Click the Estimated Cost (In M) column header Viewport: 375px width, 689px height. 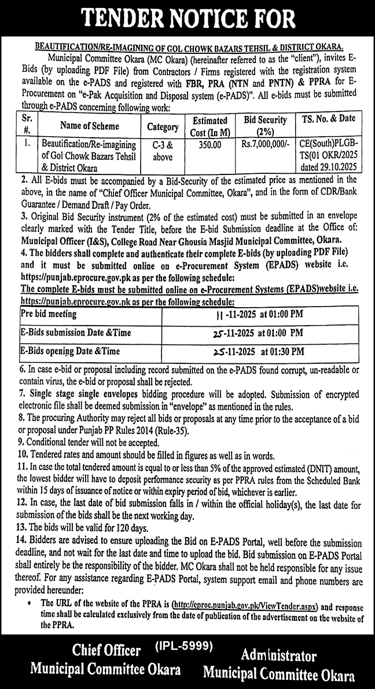(209, 125)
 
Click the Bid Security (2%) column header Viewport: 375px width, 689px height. (266, 125)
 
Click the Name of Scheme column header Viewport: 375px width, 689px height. (89, 125)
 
